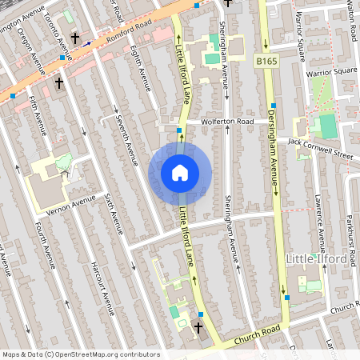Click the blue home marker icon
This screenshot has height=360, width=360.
(180, 173)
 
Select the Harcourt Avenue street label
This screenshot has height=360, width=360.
(102, 284)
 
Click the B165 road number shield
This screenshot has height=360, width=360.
(266, 60)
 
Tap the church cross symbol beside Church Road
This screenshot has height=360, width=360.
(198, 327)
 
